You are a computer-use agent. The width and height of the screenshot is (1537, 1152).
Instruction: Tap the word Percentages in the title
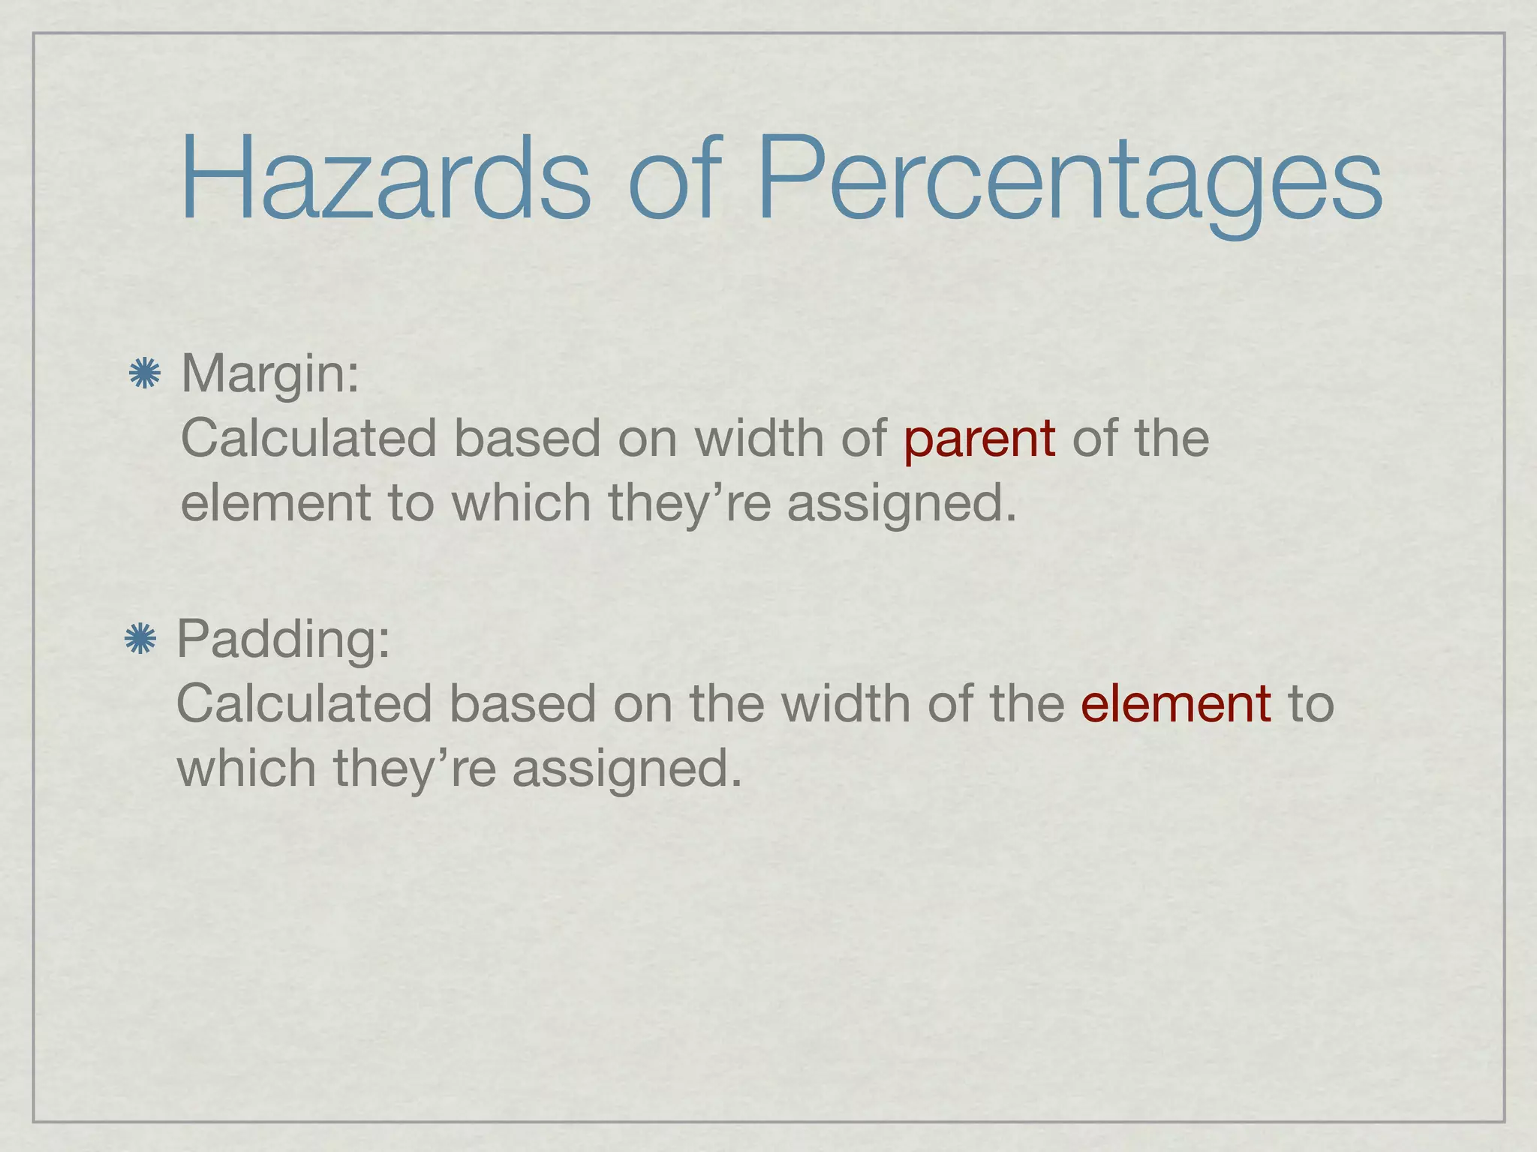point(1069,180)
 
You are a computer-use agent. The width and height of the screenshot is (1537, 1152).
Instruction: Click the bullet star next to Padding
point(140,639)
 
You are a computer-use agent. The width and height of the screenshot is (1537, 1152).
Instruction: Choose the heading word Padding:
point(284,639)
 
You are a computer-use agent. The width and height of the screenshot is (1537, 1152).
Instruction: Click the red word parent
point(979,439)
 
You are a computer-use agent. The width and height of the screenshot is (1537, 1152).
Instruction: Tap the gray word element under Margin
point(275,502)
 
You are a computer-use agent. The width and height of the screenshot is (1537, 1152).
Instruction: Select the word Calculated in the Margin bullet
point(308,438)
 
